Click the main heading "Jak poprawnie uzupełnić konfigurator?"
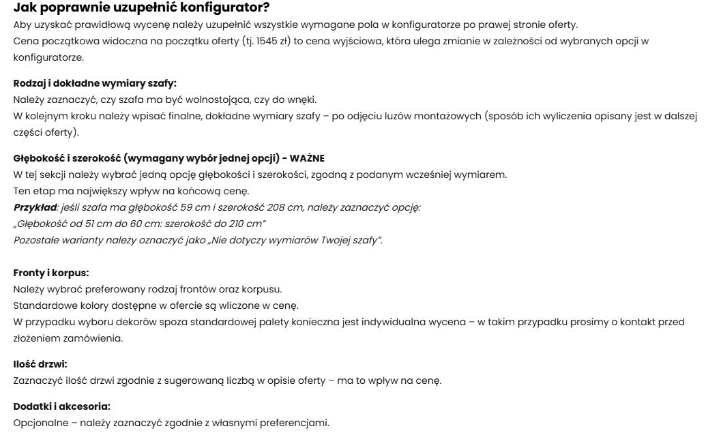click(141, 7)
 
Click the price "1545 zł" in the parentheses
click(267, 42)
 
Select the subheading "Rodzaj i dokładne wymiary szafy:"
click(95, 83)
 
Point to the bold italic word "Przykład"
click(35, 207)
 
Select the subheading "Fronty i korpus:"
click(51, 273)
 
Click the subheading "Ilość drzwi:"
click(40, 364)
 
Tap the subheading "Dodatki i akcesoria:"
click(61, 406)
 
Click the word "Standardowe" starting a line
click(44, 305)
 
